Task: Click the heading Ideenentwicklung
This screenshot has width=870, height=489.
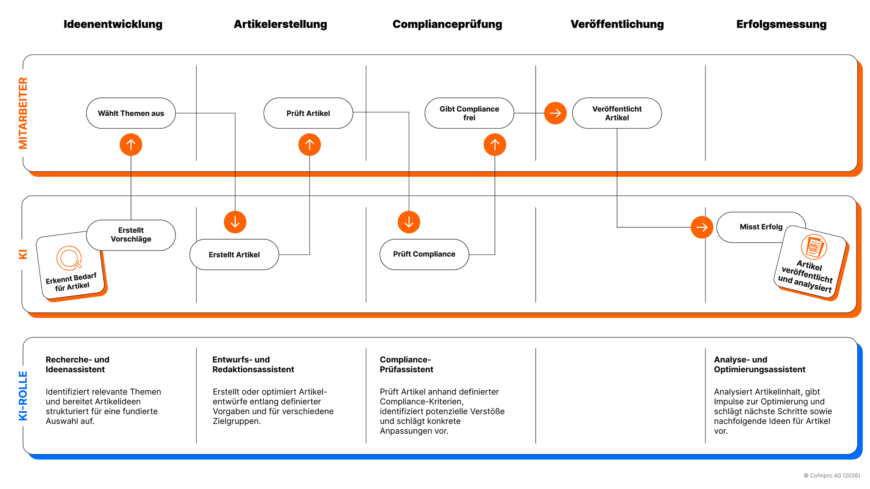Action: (x=113, y=24)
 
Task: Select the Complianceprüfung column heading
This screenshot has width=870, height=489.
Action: (x=447, y=24)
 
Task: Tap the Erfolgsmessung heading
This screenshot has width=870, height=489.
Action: (x=781, y=24)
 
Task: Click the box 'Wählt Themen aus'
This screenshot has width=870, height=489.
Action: (x=131, y=113)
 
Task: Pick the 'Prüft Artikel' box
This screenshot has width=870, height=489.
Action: (x=308, y=113)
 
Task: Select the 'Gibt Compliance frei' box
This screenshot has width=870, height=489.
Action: (x=469, y=113)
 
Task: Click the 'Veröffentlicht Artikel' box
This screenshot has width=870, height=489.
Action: (x=617, y=113)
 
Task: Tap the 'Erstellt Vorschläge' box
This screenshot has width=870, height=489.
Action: (x=131, y=235)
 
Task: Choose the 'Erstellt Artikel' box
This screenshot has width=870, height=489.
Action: (x=234, y=254)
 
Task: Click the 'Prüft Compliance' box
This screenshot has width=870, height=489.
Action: (x=424, y=254)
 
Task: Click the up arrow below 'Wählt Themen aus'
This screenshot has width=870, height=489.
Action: (x=131, y=145)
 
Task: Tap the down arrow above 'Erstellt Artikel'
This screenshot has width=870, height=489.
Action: (x=235, y=222)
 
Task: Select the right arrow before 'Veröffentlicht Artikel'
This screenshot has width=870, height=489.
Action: (x=556, y=113)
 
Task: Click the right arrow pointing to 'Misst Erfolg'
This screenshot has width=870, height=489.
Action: (x=702, y=227)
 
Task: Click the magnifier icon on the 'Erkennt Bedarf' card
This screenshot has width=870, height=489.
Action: (x=69, y=258)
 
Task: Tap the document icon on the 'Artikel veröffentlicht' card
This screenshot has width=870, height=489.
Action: (x=814, y=247)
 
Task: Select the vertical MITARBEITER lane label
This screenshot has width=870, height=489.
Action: (x=23, y=113)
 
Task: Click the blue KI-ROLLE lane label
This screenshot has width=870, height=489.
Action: (x=23, y=396)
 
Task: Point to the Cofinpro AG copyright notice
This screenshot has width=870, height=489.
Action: (x=832, y=475)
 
